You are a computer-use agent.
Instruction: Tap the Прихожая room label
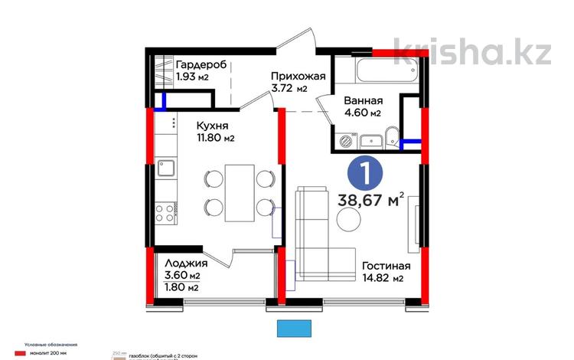click(298, 76)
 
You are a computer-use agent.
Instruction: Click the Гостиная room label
click(386, 266)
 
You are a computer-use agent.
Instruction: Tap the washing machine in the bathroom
click(344, 141)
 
